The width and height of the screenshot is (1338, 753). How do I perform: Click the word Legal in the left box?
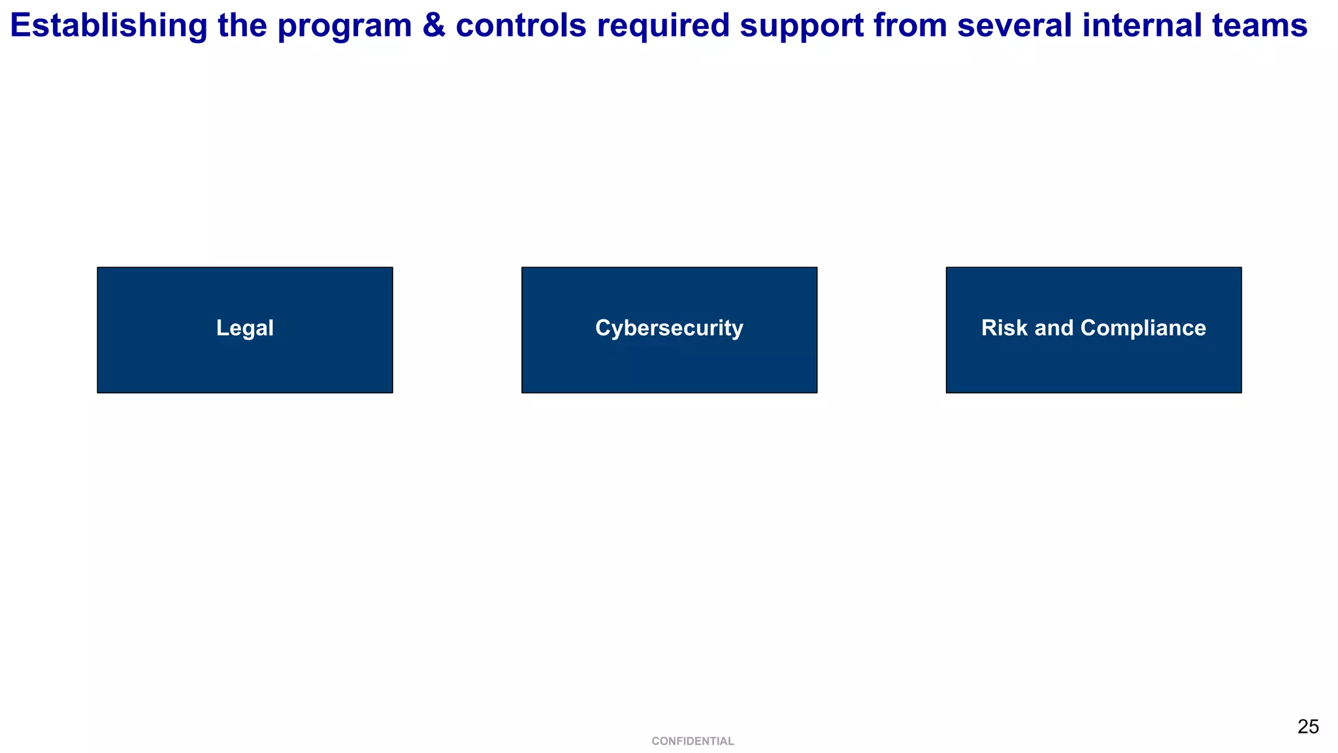click(x=245, y=328)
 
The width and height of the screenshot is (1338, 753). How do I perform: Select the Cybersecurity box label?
click(x=669, y=328)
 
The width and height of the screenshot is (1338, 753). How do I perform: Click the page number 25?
click(x=1308, y=727)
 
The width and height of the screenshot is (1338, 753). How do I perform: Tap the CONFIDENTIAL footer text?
click(x=693, y=741)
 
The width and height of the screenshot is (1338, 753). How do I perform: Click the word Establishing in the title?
click(x=108, y=26)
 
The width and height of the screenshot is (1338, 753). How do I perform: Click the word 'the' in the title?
click(x=242, y=26)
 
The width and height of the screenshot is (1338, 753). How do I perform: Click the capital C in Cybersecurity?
click(x=602, y=328)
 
